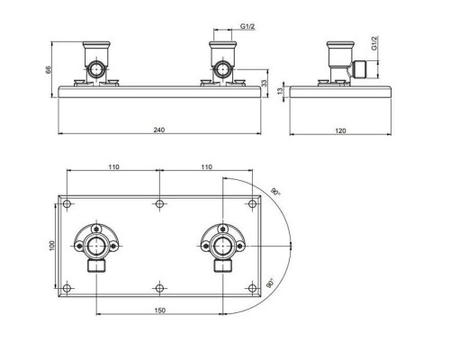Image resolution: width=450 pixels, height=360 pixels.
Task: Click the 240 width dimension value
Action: pyautogui.click(x=158, y=130)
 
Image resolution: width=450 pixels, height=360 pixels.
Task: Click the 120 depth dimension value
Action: pyautogui.click(x=340, y=130)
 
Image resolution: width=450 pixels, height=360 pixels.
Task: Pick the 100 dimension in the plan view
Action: pyautogui.click(x=52, y=244)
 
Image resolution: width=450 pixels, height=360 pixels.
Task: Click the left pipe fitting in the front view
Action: pyautogui.click(x=96, y=63)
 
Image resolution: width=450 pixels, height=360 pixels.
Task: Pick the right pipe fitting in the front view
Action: pyautogui.click(x=220, y=63)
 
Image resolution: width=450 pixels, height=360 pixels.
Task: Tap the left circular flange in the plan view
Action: pyautogui.click(x=96, y=241)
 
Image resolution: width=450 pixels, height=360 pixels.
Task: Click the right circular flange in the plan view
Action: pyautogui.click(x=220, y=241)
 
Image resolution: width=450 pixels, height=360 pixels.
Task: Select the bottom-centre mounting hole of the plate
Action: pyautogui.click(x=158, y=287)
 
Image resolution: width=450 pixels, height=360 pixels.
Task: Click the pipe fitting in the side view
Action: pyautogui.click(x=341, y=63)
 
